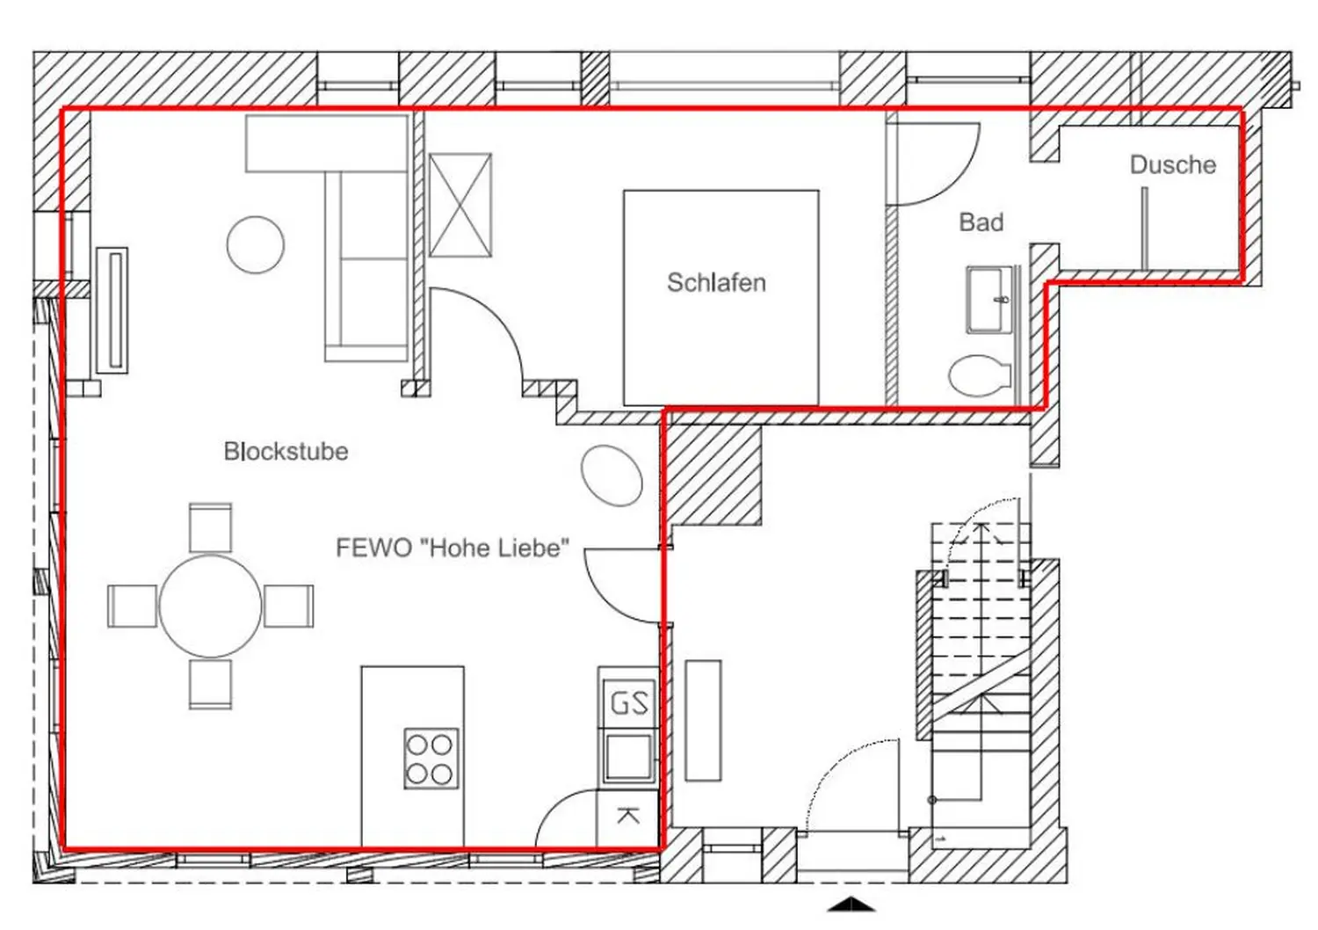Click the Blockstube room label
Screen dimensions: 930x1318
(x=286, y=451)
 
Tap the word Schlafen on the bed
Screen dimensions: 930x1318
(x=716, y=282)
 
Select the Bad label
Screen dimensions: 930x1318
(x=981, y=222)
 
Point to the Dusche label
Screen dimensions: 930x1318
(x=1172, y=165)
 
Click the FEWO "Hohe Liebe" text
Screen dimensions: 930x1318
(x=452, y=548)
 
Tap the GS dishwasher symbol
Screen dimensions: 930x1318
(x=628, y=703)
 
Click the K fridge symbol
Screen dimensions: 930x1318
(x=627, y=816)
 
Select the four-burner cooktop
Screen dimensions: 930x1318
(x=431, y=758)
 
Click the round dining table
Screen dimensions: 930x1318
(x=210, y=606)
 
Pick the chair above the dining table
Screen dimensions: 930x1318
(x=211, y=527)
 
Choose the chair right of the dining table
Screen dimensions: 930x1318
(x=289, y=606)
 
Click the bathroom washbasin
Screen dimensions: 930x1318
(x=989, y=300)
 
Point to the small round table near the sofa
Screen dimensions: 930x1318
(x=256, y=244)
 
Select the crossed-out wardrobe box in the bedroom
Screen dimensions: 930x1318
(x=460, y=205)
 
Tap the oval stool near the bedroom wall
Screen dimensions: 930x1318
(x=612, y=476)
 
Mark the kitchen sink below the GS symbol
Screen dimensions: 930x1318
(x=628, y=755)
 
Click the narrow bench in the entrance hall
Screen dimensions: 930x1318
(x=703, y=720)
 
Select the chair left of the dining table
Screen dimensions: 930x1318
(x=132, y=606)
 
